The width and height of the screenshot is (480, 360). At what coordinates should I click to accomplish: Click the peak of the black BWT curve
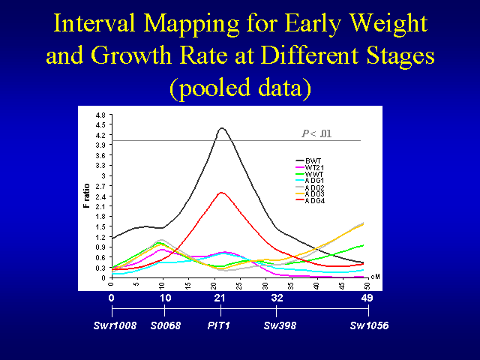pyautogui.click(x=222, y=128)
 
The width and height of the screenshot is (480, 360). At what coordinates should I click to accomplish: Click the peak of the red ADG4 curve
pyautogui.click(x=221, y=193)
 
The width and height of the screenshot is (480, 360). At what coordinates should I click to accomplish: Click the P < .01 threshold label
pyautogui.click(x=316, y=133)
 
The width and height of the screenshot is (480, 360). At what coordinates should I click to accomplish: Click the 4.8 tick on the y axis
pyautogui.click(x=100, y=114)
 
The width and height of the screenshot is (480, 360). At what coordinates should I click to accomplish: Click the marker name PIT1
pyautogui.click(x=220, y=327)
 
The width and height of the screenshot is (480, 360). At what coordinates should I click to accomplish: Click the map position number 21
pyautogui.click(x=220, y=298)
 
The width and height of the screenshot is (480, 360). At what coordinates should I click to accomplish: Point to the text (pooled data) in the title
pyautogui.click(x=240, y=88)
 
